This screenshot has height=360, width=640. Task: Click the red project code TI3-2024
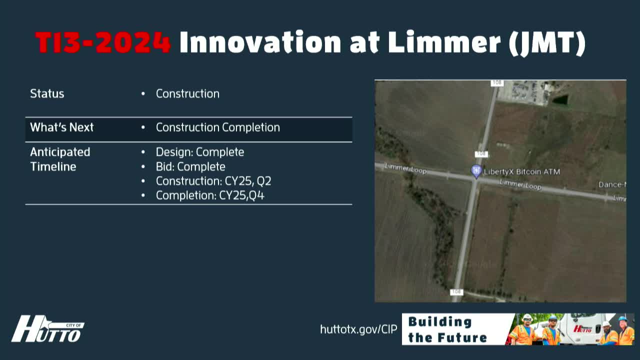[x=103, y=42]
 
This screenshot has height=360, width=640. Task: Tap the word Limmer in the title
[x=444, y=42]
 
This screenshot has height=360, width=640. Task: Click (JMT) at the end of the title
[x=547, y=42]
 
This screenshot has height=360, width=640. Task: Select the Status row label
[x=47, y=94]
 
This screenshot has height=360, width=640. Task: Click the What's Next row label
[x=61, y=127]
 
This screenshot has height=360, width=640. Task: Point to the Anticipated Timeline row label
[x=60, y=159]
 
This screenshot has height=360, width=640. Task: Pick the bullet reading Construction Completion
[x=217, y=127]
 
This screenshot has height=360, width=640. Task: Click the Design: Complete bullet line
[x=199, y=152]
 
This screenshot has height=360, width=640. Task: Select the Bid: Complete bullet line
[x=190, y=166]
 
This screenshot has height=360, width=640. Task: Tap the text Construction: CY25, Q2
[x=213, y=181]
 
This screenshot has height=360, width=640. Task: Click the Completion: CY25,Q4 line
[x=209, y=195]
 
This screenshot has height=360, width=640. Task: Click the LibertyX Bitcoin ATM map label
[x=522, y=171]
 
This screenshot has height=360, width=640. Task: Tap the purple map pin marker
[x=476, y=171]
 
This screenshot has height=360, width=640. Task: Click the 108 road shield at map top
[x=496, y=83]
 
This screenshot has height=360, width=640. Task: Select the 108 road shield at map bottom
[x=456, y=292]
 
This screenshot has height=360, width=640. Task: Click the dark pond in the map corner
[x=560, y=99]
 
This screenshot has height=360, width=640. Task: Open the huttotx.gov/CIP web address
[x=358, y=329]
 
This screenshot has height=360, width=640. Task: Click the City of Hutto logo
[x=47, y=330]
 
